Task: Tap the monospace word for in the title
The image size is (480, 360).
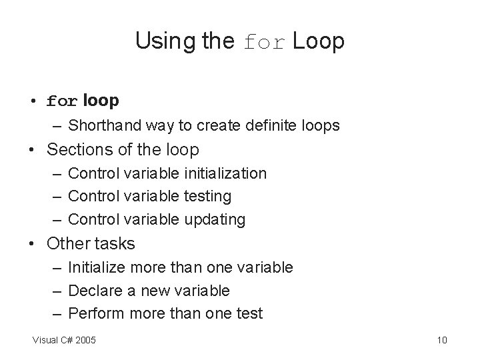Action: [265, 43]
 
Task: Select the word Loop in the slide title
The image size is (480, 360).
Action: [318, 41]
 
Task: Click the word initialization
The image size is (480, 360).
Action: [223, 173]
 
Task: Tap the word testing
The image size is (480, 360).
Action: [206, 196]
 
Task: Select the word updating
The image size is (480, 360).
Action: [213, 219]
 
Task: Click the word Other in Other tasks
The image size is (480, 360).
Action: [65, 243]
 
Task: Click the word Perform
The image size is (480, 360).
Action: [95, 313]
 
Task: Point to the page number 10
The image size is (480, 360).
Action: [441, 341]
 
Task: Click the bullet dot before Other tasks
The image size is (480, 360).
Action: [32, 244]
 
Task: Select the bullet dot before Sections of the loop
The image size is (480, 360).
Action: [32, 150]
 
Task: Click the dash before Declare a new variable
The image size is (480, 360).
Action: [57, 290]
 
